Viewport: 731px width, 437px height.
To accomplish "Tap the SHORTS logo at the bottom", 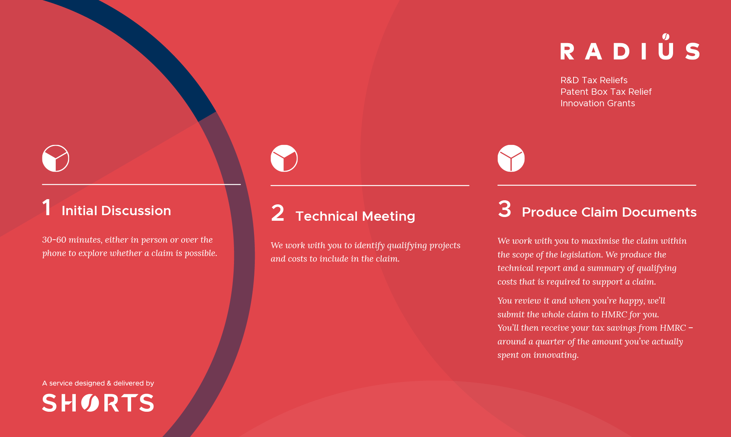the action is (x=98, y=403).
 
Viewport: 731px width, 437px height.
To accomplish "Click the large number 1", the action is (x=46, y=207).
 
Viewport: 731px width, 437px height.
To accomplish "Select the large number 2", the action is (x=277, y=213).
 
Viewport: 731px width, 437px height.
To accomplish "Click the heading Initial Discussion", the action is (x=116, y=211).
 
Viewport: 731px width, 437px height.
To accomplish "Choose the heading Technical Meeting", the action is (x=355, y=216).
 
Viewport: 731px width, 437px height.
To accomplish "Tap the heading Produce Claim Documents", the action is (x=609, y=212).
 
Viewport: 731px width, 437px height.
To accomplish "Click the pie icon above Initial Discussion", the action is (x=56, y=158).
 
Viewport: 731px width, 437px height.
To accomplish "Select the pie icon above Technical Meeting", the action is (x=284, y=158).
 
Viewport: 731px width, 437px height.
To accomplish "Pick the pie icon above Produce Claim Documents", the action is (x=511, y=158).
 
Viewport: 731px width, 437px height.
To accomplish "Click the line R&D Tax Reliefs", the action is (x=594, y=80).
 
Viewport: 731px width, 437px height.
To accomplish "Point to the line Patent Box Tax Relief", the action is (x=606, y=92).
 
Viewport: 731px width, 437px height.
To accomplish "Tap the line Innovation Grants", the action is (x=598, y=103).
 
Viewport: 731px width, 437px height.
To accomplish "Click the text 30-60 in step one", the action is (x=54, y=240).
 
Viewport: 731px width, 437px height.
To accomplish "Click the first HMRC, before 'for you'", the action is (x=614, y=314).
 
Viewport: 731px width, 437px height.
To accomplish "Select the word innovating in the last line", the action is (x=556, y=355).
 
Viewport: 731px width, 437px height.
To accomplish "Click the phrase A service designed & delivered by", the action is (x=98, y=383).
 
